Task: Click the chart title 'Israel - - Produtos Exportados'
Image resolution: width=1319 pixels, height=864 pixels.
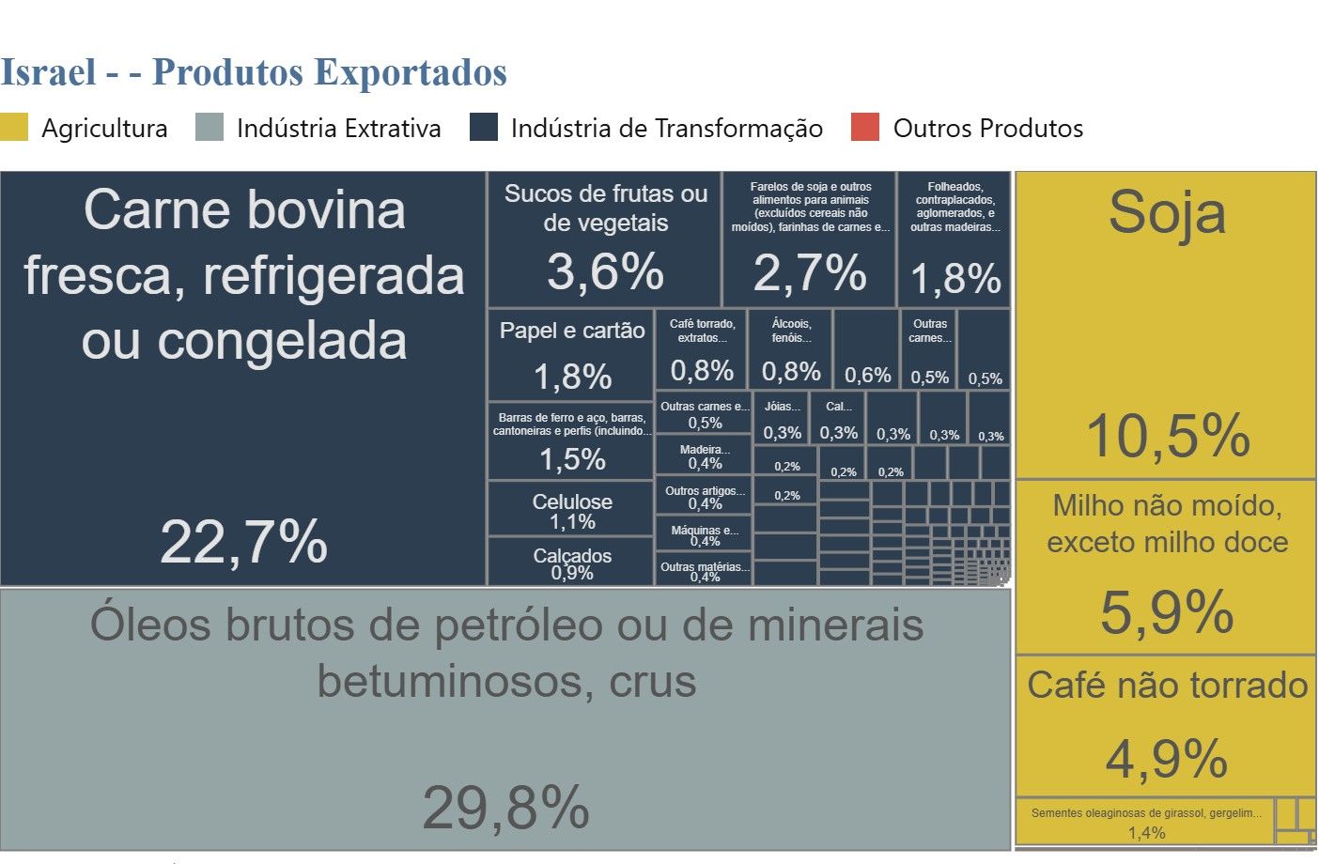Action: pos(254,72)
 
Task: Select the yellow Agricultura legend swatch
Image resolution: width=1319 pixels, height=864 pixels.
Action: pos(14,128)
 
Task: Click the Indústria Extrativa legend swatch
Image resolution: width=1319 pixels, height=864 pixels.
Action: pos(209,128)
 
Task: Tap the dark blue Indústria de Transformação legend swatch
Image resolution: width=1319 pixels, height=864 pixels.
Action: pos(483,128)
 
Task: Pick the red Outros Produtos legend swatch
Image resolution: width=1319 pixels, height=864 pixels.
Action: pos(864,128)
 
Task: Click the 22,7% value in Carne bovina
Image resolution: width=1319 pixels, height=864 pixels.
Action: pos(243,542)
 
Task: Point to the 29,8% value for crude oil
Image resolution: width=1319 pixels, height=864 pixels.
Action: pos(505,808)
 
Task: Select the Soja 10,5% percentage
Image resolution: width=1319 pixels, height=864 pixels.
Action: pos(1167,436)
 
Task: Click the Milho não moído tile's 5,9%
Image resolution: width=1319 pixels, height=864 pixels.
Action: pos(1166,612)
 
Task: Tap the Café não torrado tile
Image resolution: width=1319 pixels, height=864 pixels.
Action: pos(1166,723)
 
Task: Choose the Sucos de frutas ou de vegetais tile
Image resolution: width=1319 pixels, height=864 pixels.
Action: pos(604,239)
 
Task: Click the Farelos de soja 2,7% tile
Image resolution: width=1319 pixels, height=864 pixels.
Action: pos(809,239)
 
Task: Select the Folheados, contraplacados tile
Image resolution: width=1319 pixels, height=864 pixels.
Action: pos(954,239)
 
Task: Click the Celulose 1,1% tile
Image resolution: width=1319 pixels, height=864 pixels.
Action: pos(571,510)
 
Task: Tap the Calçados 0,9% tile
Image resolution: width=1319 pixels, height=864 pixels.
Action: pos(571,563)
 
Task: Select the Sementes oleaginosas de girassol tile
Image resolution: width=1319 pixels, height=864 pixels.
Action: pos(1145,822)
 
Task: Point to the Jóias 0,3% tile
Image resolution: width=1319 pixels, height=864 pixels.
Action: pos(782,419)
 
